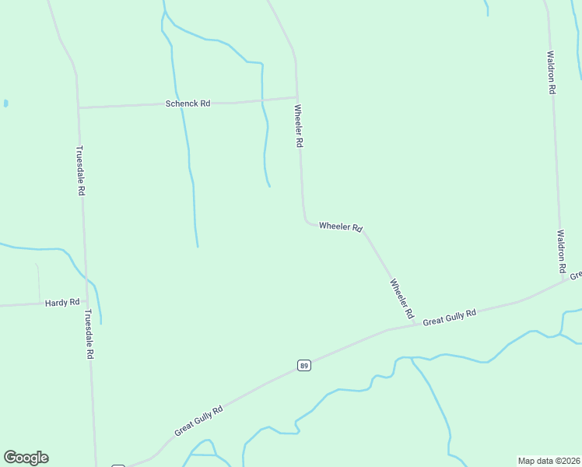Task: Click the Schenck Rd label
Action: (x=188, y=103)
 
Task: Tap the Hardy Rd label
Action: (x=62, y=302)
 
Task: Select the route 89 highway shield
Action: (x=304, y=365)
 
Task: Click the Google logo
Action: (x=26, y=458)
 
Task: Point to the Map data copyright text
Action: (x=549, y=461)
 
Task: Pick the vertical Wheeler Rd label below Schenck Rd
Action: (x=298, y=126)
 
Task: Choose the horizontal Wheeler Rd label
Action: (x=341, y=227)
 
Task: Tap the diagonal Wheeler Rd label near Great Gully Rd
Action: (x=401, y=299)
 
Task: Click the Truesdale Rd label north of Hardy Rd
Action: (x=79, y=170)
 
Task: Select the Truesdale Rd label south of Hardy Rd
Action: (x=89, y=334)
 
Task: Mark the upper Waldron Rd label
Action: (x=550, y=72)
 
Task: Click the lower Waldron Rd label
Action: (x=560, y=251)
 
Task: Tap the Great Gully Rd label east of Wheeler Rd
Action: (x=450, y=317)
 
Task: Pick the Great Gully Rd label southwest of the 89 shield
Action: (x=198, y=420)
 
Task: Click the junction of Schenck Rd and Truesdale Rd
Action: (x=78, y=107)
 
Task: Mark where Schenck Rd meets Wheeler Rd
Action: (x=296, y=98)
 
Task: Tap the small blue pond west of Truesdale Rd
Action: (x=5, y=103)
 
